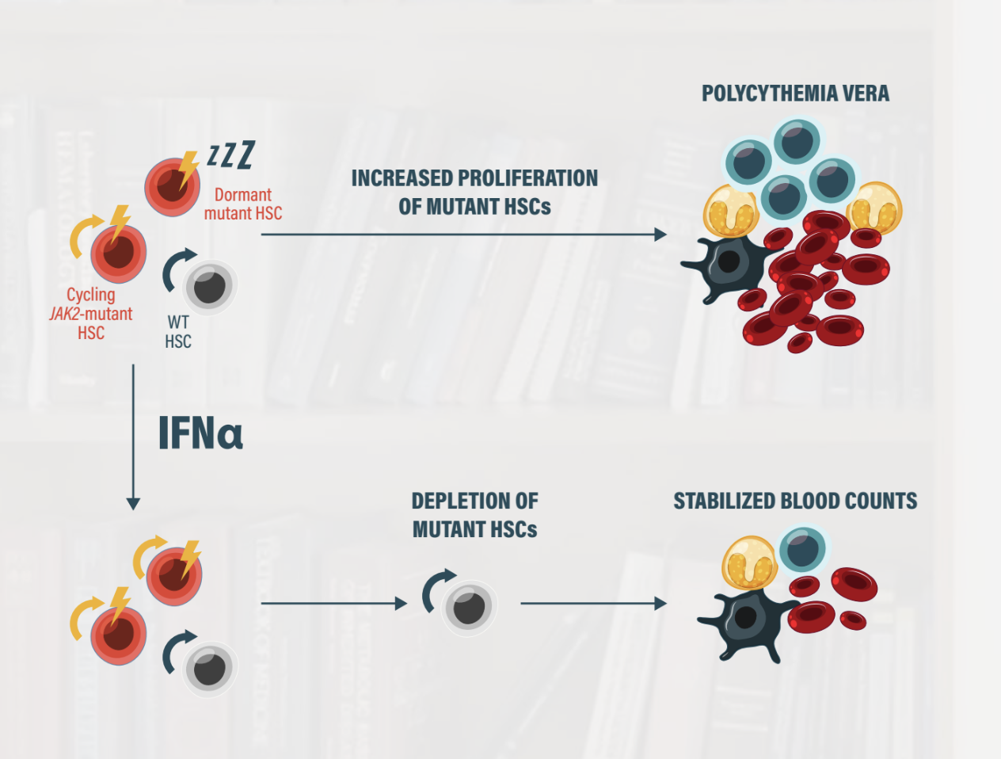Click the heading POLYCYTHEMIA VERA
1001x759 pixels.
pos(795,93)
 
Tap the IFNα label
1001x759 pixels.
pos(200,433)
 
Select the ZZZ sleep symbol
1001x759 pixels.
pos(231,154)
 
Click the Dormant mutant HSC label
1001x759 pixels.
pos(243,204)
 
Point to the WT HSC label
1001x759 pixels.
pos(178,332)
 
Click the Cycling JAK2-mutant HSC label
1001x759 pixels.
pos(91,314)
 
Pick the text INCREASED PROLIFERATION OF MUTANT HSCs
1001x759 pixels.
pos(474,193)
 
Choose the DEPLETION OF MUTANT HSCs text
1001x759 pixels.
pos(474,515)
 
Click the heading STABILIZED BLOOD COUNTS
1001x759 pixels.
pos(795,502)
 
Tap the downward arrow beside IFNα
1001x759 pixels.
pos(133,436)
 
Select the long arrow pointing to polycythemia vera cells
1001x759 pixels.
pos(463,235)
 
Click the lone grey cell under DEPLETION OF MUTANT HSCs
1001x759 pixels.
pos(469,608)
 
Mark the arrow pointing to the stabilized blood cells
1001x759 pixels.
pos(593,604)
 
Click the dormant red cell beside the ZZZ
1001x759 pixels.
pos(170,187)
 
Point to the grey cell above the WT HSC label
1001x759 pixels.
pos(210,286)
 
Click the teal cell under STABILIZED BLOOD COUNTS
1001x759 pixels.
pos(803,549)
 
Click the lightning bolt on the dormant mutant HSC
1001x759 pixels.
pos(188,168)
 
